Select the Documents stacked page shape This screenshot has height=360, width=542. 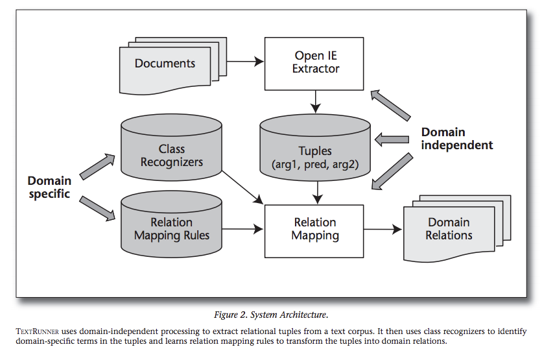pyautogui.click(x=166, y=64)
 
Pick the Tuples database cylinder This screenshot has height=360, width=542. pyautogui.click(x=315, y=156)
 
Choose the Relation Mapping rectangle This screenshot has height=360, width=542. pyautogui.click(x=315, y=228)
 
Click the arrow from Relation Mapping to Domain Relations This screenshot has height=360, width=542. pyautogui.click(x=383, y=229)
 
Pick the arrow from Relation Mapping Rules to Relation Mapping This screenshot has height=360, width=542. pyautogui.click(x=245, y=228)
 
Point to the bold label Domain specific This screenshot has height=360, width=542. pyautogui.click(x=49, y=186)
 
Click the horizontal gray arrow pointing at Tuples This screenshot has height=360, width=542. pyautogui.click(x=392, y=138)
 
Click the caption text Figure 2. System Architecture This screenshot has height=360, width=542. pyautogui.click(x=271, y=315)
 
